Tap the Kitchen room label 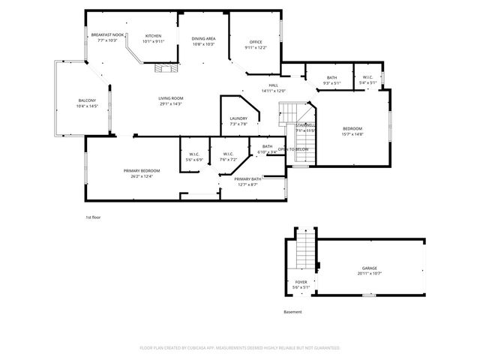tap(153, 36)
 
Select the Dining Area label tap(203, 38)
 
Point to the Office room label tap(255, 42)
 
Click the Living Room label tap(171, 98)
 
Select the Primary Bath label tap(247, 179)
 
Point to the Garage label tap(370, 268)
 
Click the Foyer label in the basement tap(299, 283)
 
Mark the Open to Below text tap(293, 149)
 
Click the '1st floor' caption tap(92, 217)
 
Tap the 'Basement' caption tap(292, 311)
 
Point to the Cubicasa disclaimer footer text tap(240, 348)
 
